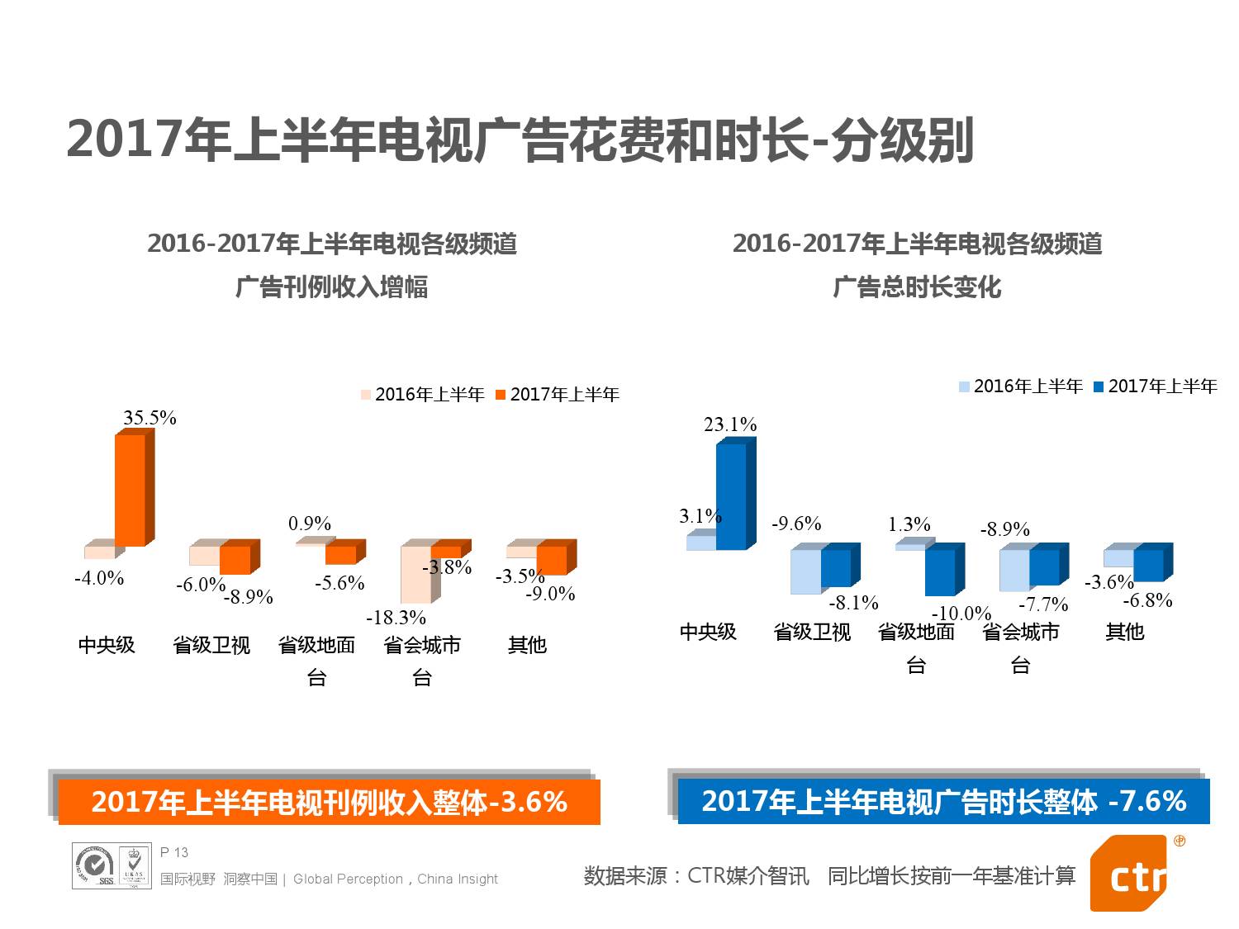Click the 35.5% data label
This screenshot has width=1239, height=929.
150,418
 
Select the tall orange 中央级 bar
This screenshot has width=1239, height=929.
130,491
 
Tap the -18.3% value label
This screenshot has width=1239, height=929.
396,618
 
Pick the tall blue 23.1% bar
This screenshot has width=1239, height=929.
731,496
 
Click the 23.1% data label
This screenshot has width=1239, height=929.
730,424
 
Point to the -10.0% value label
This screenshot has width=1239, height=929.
961,614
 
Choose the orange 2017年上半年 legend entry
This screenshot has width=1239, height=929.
558,395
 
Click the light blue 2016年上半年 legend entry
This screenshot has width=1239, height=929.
1021,386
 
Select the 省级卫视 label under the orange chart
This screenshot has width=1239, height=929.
211,645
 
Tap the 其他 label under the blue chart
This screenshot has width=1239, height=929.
1124,632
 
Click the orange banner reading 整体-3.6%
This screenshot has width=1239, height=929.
329,802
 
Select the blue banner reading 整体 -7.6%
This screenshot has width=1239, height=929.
943,801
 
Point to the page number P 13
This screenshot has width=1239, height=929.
174,852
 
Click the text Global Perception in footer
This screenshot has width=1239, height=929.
348,879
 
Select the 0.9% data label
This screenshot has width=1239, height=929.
310,524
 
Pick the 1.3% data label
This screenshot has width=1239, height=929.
909,524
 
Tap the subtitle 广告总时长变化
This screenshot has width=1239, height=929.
917,287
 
